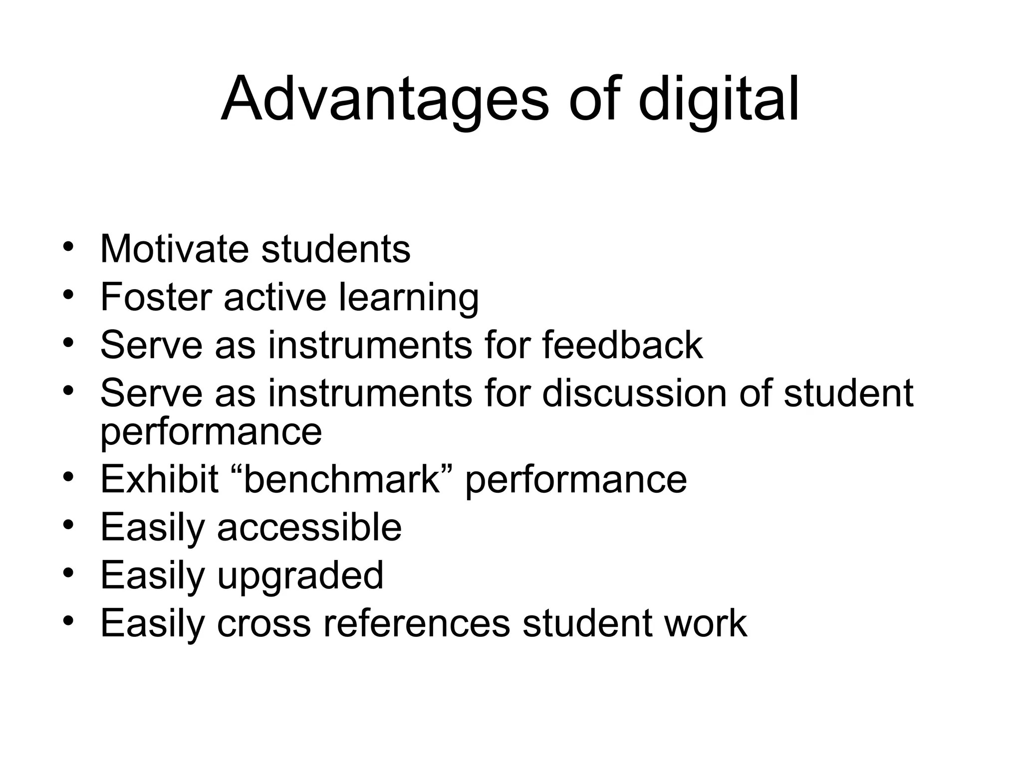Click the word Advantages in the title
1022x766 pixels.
point(385,99)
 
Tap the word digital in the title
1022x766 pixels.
point(719,99)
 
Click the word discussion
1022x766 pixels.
point(635,393)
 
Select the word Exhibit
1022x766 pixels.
point(159,479)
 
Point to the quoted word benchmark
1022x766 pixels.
point(341,479)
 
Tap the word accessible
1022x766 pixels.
point(309,527)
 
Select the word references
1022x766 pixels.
point(417,623)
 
